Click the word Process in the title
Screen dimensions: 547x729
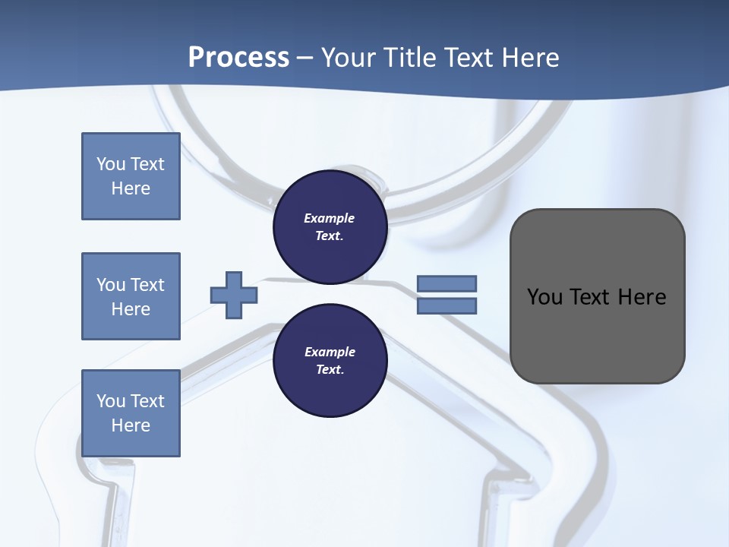click(238, 57)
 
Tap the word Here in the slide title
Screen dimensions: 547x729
click(531, 57)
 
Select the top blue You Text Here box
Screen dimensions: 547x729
click(131, 176)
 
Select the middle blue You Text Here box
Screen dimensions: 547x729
click(131, 296)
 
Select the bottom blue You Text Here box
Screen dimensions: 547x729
click(131, 413)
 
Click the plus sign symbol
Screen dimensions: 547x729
click(233, 295)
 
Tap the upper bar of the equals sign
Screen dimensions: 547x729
click(447, 283)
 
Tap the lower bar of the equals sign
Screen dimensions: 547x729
click(447, 306)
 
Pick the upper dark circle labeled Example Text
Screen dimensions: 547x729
click(330, 227)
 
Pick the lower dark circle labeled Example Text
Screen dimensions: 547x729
click(330, 361)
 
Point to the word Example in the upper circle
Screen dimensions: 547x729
click(329, 218)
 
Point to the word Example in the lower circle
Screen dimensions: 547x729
click(329, 352)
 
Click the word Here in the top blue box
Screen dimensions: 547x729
click(131, 188)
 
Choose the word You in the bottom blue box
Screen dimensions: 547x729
click(111, 401)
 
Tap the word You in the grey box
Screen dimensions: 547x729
click(544, 297)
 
